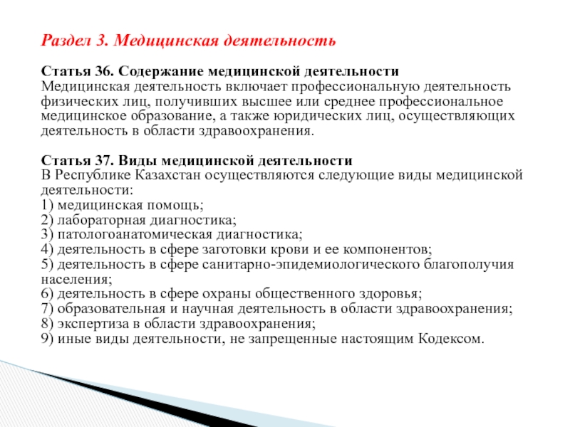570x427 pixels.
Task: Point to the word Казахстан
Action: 168,175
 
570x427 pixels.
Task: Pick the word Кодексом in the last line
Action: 451,339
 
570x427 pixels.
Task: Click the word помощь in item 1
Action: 175,205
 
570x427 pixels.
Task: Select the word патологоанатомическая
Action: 135,235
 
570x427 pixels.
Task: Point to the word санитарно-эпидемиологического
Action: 311,264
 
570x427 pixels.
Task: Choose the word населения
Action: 76,279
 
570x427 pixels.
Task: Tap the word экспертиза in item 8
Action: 93,324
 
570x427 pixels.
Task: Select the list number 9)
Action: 47,339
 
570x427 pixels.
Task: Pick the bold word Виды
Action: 138,160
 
